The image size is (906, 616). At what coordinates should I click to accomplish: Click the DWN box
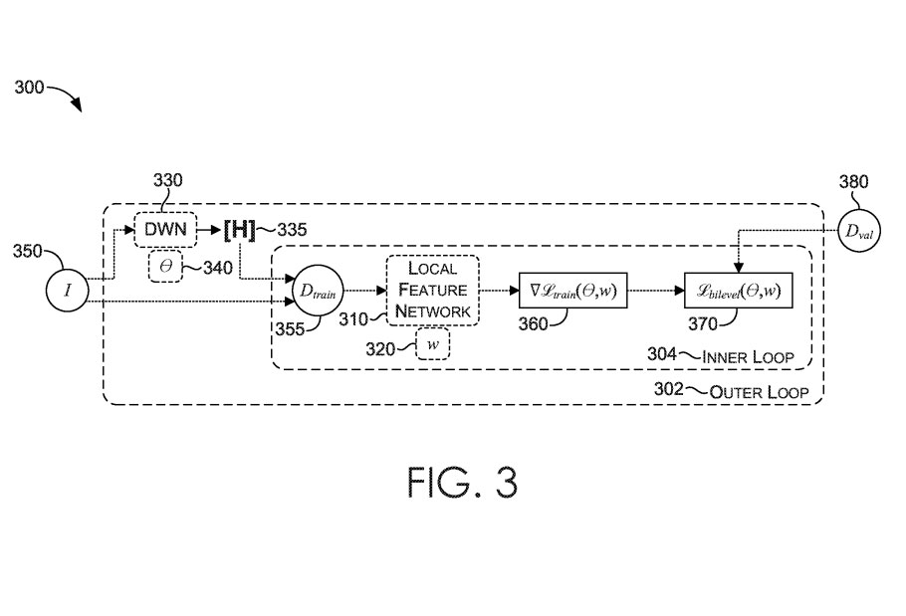click(165, 229)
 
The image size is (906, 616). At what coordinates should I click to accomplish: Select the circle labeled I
click(68, 290)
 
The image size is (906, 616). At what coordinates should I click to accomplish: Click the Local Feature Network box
click(433, 290)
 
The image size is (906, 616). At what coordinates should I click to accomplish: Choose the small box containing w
click(432, 343)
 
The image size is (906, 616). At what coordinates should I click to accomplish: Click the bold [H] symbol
click(239, 230)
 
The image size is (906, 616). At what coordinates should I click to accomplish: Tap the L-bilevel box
click(738, 290)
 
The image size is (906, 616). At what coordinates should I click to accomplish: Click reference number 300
click(29, 88)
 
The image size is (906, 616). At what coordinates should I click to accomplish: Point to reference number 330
click(167, 180)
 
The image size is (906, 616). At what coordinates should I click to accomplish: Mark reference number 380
click(853, 182)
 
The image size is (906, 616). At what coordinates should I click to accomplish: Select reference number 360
click(534, 323)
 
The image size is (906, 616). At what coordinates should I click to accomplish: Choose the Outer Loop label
click(759, 390)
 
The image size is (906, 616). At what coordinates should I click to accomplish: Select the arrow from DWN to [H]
click(210, 229)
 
